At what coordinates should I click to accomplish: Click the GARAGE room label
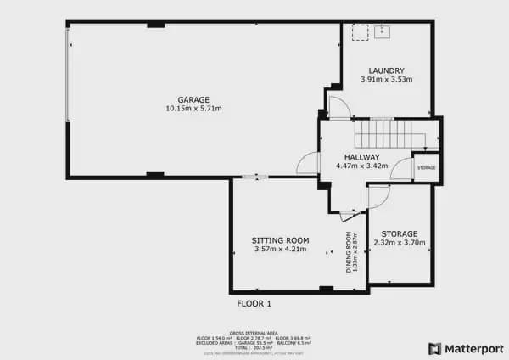193,99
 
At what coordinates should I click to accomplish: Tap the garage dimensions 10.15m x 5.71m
193,109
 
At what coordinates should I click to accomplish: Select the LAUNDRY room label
386,70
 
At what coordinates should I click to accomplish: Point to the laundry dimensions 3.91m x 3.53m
386,80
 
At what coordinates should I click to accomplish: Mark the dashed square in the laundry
361,32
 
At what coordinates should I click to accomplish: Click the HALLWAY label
362,157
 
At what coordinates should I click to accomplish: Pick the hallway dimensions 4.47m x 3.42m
362,166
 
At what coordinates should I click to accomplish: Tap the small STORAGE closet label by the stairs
426,168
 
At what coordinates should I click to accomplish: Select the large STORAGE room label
399,233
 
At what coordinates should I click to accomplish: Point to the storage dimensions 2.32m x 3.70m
399,243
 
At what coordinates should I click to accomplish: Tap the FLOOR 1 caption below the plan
254,303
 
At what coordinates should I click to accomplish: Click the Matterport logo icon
434,348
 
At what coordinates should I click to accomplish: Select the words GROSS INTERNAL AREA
254,333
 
